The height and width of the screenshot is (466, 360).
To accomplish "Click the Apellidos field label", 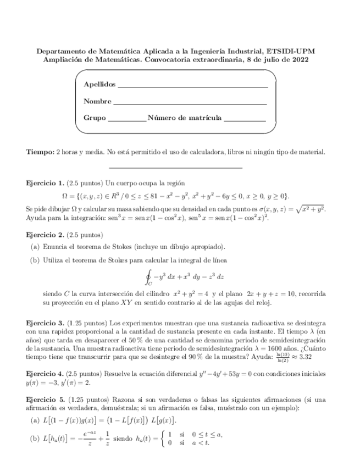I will [x=99, y=85].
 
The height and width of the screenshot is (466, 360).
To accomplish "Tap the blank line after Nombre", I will [x=190, y=102].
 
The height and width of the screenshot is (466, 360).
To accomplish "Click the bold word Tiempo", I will [x=41, y=151].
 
